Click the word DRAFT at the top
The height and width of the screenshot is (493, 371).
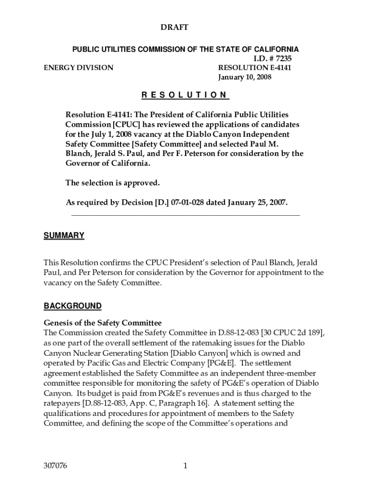(x=174, y=28)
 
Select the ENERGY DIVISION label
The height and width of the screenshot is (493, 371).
(x=79, y=68)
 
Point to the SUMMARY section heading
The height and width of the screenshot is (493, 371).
(x=64, y=235)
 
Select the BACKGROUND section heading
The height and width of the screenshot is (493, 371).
(x=73, y=306)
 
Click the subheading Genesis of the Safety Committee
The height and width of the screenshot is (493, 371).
(x=103, y=323)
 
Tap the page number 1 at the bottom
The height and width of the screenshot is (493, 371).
(x=185, y=466)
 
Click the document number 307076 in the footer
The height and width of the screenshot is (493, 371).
(x=55, y=466)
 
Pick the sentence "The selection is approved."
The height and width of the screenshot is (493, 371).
(x=112, y=183)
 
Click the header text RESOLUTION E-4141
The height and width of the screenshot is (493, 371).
(x=255, y=68)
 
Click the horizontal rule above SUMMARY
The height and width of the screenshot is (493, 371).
(x=185, y=215)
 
